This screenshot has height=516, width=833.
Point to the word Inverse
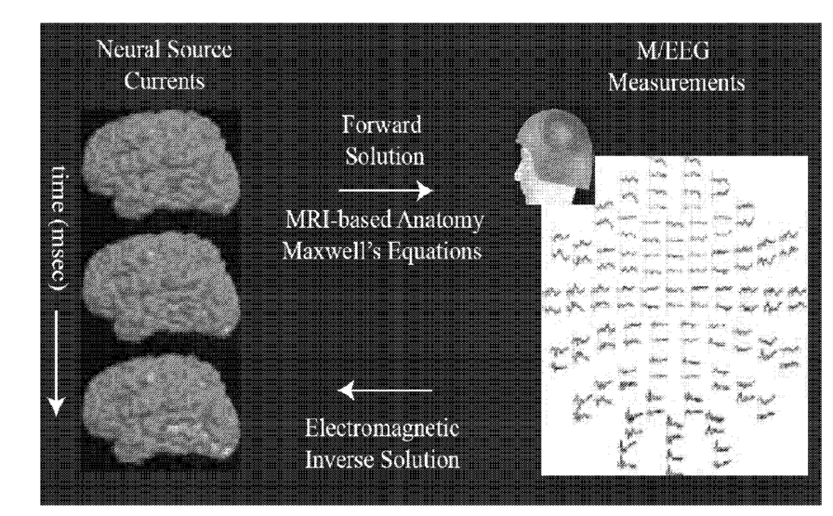coord(347,457)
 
